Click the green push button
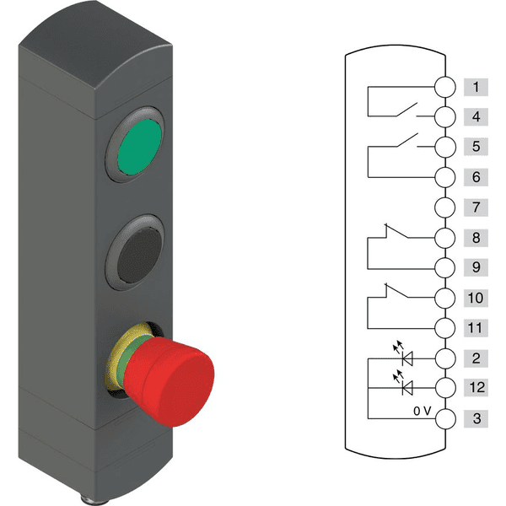pos(140,147)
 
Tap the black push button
pos(139,255)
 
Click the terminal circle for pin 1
pos(445,87)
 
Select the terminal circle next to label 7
pos(445,207)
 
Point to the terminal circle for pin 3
pos(445,419)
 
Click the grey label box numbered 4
pos(476,116)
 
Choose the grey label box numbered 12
pos(476,387)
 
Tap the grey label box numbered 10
pos(476,298)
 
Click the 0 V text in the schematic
pos(423,411)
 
